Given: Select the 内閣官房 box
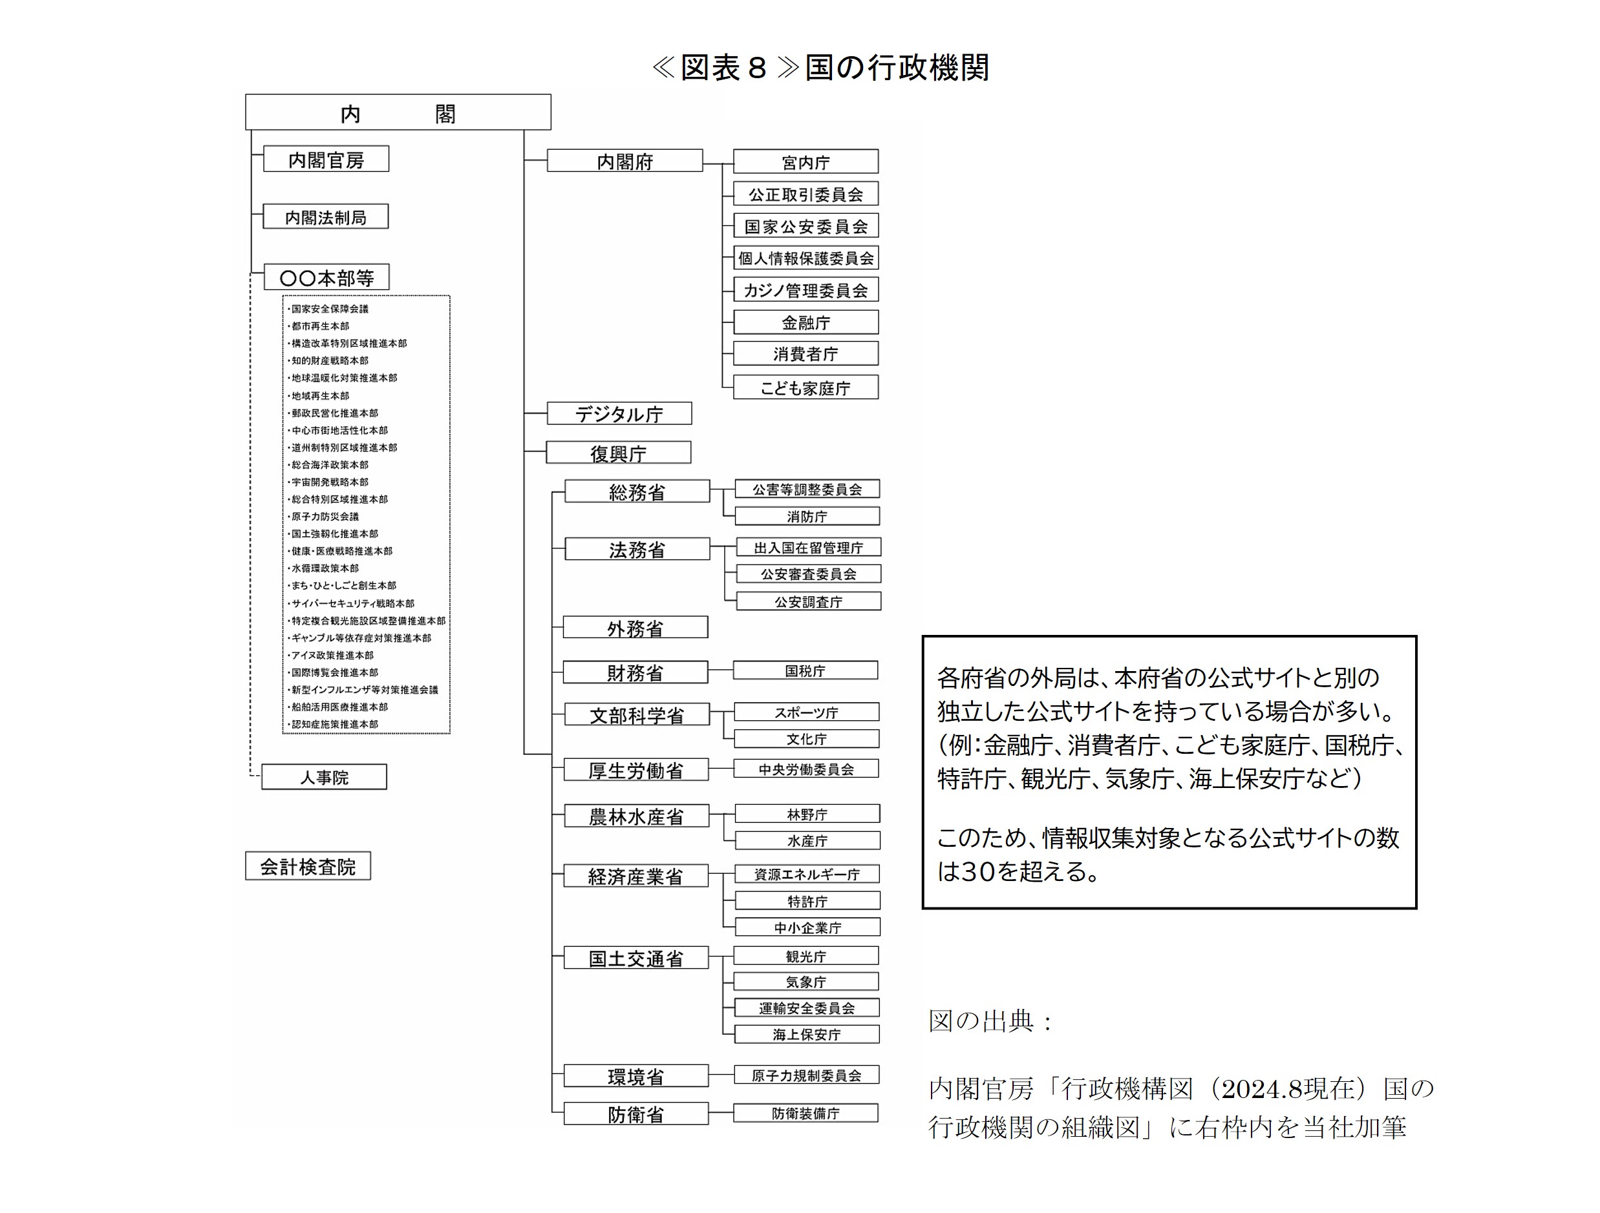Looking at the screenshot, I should (x=326, y=159).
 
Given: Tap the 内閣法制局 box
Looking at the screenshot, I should (x=326, y=217).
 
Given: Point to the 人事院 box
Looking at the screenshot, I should (x=324, y=777).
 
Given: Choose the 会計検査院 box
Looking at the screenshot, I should (x=308, y=866).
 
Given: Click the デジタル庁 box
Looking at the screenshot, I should (x=619, y=413).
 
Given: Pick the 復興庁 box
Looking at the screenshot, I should (x=619, y=453).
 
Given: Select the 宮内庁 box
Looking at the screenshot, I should (x=805, y=162).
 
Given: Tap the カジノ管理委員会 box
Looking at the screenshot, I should (x=805, y=290).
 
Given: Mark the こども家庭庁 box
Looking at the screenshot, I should (x=805, y=388).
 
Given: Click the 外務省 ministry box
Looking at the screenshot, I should (x=635, y=627).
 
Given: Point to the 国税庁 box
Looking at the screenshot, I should (x=805, y=670).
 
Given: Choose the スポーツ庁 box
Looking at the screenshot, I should (x=807, y=712).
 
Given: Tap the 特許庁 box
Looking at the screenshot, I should (x=807, y=901).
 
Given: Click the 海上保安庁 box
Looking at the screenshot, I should (x=807, y=1033).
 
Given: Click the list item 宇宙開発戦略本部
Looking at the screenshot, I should (x=330, y=482).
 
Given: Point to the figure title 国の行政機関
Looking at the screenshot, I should (x=897, y=67).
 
